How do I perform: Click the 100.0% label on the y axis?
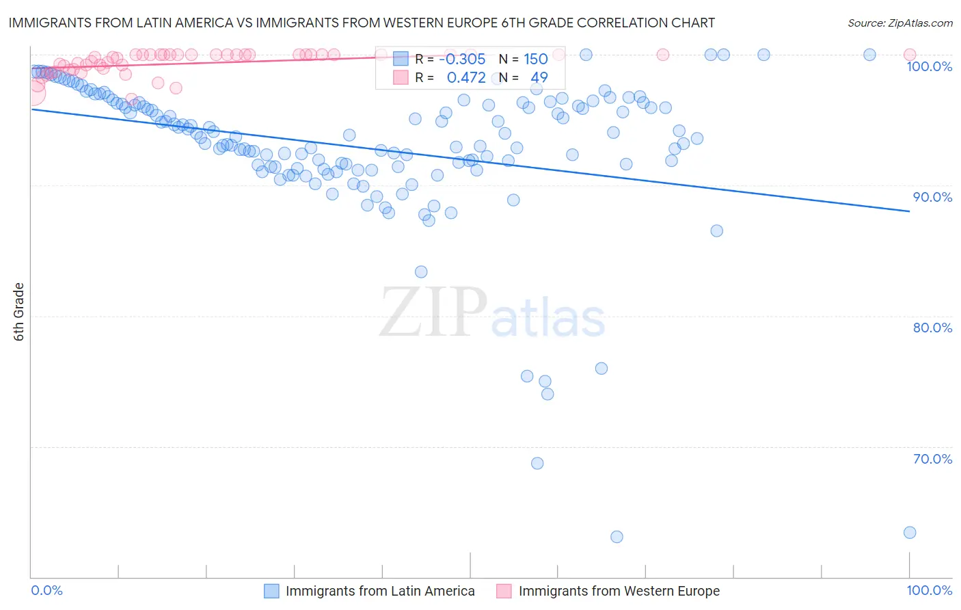(929, 66)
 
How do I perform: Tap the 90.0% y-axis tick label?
(932, 197)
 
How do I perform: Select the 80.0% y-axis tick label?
(932, 328)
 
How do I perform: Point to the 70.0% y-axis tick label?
(932, 459)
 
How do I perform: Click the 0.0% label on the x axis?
(46, 590)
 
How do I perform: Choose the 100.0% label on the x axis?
(929, 590)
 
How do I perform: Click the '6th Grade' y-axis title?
(19, 312)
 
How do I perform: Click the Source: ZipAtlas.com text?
(899, 23)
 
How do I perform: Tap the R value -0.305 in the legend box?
(462, 59)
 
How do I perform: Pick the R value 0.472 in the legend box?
(466, 77)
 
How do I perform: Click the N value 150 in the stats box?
(535, 59)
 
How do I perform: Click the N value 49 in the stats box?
(539, 77)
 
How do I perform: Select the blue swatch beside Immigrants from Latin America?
(271, 591)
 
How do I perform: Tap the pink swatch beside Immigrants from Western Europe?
(504, 591)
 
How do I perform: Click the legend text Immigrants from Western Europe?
(619, 591)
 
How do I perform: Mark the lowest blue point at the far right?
(909, 532)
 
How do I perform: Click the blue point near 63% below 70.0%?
(617, 537)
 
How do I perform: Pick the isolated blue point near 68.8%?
(537, 463)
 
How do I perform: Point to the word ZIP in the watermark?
(433, 313)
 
